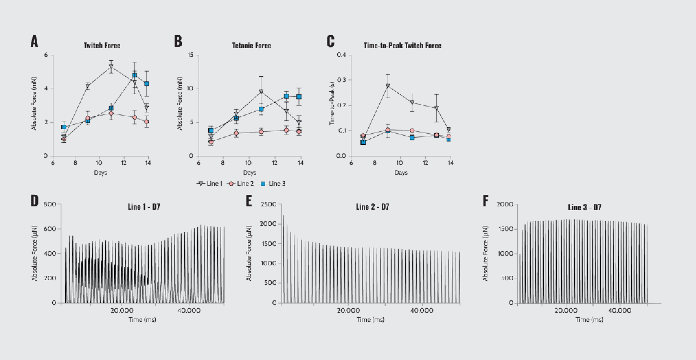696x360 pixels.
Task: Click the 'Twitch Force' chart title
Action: [102, 46]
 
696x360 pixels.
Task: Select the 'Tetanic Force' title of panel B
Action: [251, 46]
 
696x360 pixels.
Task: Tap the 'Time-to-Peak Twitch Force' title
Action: [402, 46]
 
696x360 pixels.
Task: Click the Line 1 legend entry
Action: [210, 184]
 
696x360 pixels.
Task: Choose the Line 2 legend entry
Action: [241, 184]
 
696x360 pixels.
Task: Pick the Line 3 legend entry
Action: [273, 184]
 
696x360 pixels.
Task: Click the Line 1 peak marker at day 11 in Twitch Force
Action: [111, 67]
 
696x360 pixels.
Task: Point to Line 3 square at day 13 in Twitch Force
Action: [135, 75]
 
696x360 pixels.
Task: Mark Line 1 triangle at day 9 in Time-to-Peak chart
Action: [388, 86]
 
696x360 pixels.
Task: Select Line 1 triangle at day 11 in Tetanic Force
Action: [261, 92]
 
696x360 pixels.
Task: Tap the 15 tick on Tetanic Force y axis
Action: [190, 55]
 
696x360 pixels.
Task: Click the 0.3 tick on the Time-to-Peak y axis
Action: [341, 80]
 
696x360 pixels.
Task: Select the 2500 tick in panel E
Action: [268, 204]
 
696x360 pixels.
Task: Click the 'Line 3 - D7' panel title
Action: [584, 207]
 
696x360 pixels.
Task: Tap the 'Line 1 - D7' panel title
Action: [144, 207]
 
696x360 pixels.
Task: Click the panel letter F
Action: [485, 201]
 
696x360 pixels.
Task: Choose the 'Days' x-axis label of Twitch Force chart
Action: [100, 173]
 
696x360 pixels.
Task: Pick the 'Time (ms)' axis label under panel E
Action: [371, 320]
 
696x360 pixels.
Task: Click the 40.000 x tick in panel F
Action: [619, 310]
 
